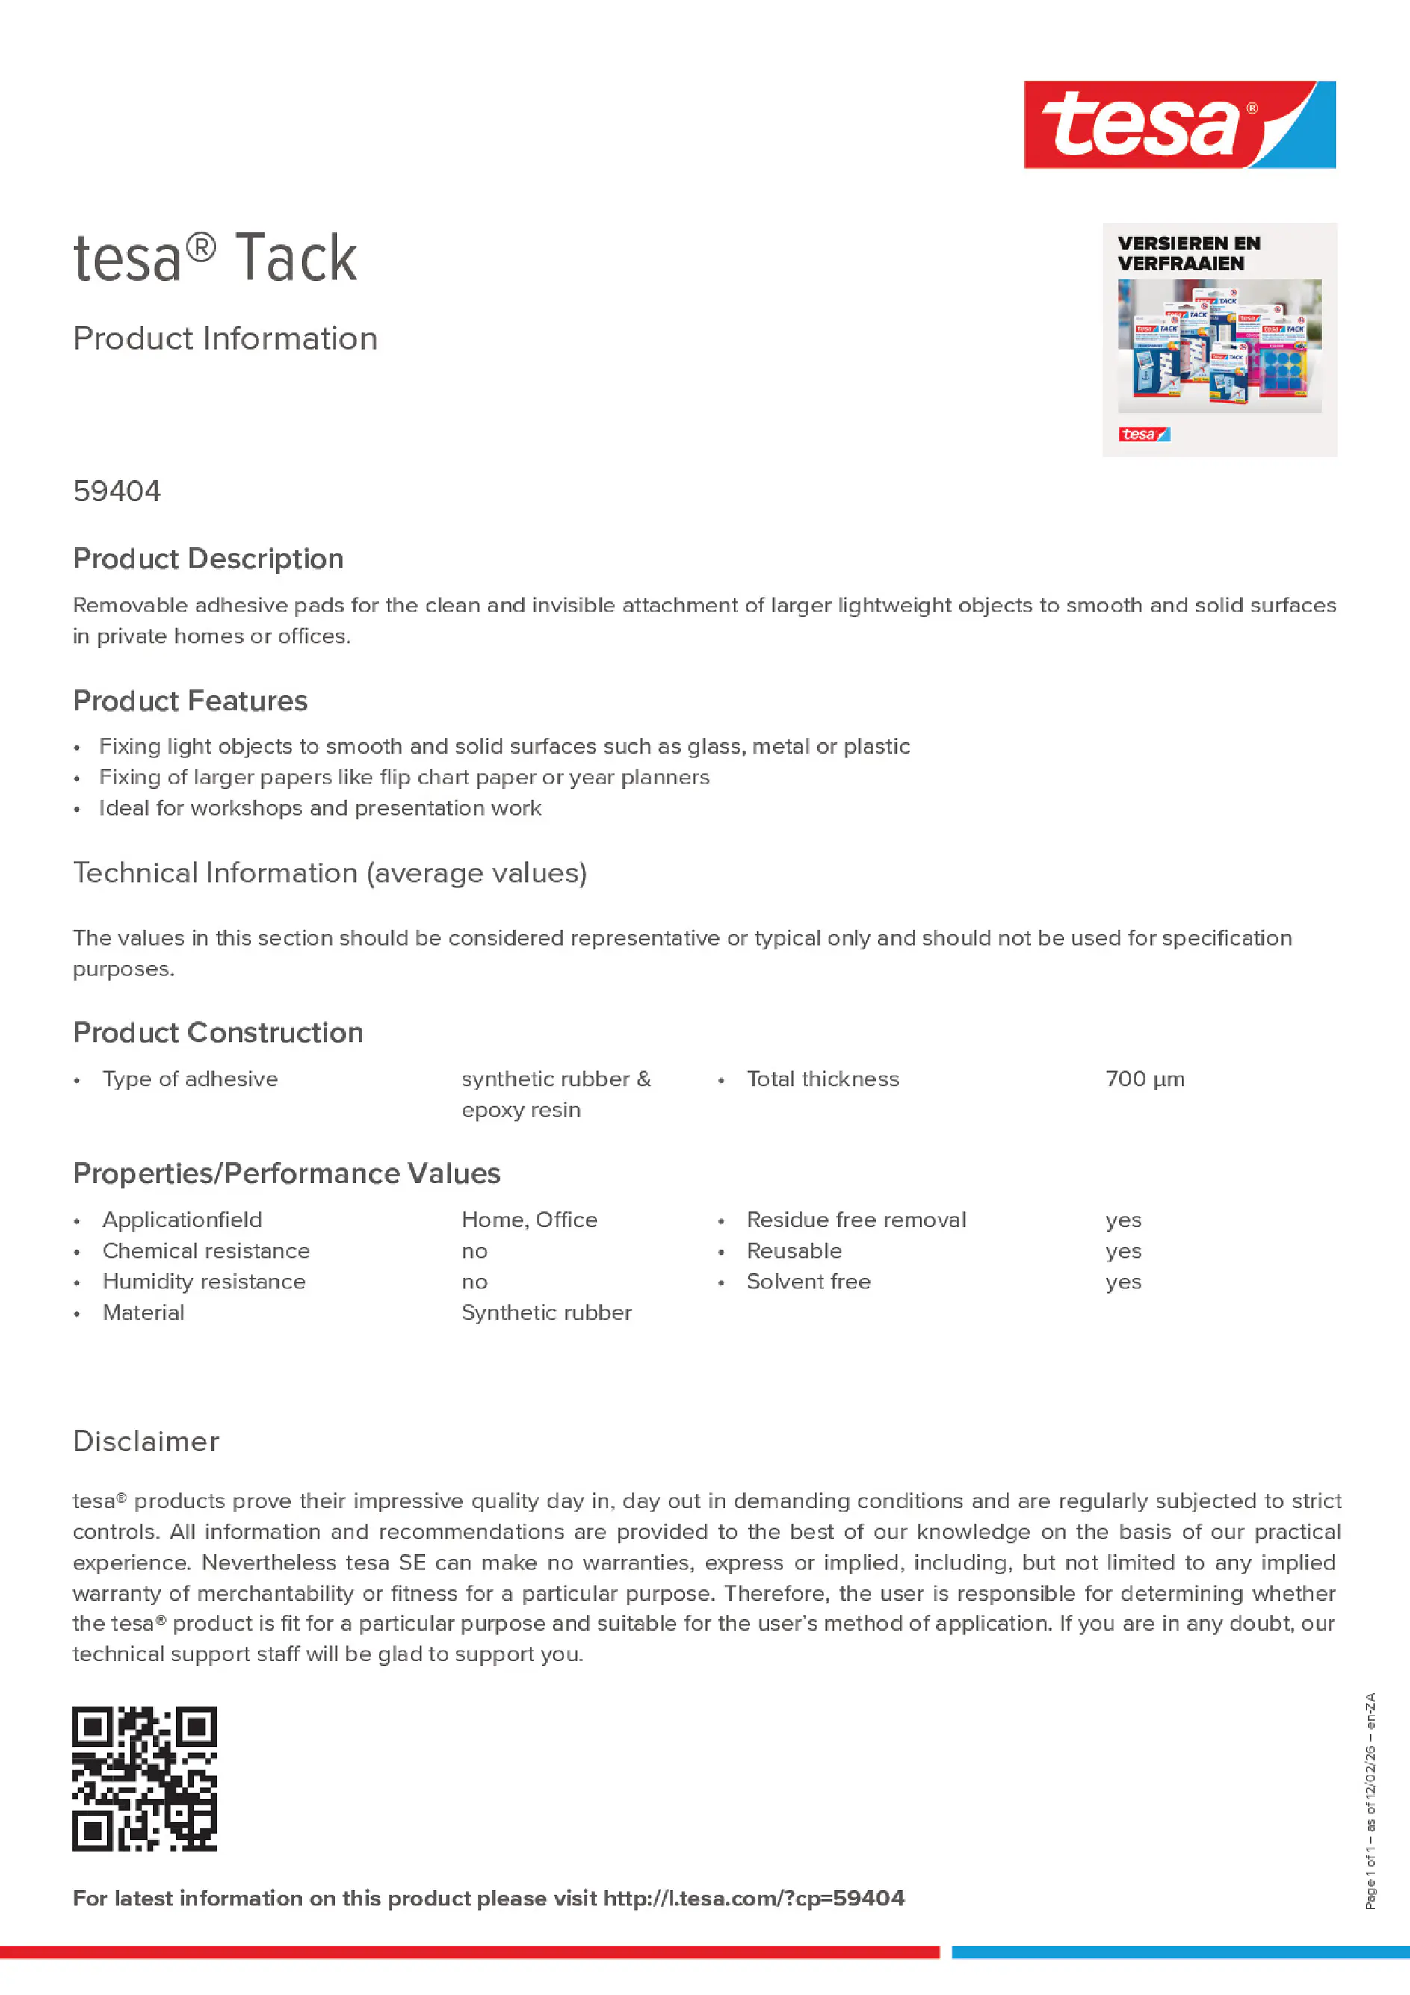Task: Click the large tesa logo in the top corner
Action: click(1179, 125)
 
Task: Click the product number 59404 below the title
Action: click(117, 491)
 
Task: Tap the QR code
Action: click(144, 1778)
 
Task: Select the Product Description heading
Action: click(208, 559)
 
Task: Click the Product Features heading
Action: click(190, 701)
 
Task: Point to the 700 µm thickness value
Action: click(1145, 1079)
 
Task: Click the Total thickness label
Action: click(823, 1079)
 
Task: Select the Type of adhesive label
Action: click(190, 1079)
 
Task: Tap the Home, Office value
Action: click(528, 1220)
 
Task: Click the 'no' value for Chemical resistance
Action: click(474, 1251)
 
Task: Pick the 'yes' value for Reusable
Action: click(1123, 1251)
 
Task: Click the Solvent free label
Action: click(808, 1282)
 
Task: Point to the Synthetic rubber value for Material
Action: click(546, 1313)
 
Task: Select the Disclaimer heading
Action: click(146, 1442)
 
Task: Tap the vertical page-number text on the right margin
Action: click(1371, 1800)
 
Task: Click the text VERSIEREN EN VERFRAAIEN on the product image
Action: click(1188, 254)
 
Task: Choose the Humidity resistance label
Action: click(203, 1282)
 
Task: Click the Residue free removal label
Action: click(856, 1220)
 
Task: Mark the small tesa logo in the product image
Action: click(1144, 435)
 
